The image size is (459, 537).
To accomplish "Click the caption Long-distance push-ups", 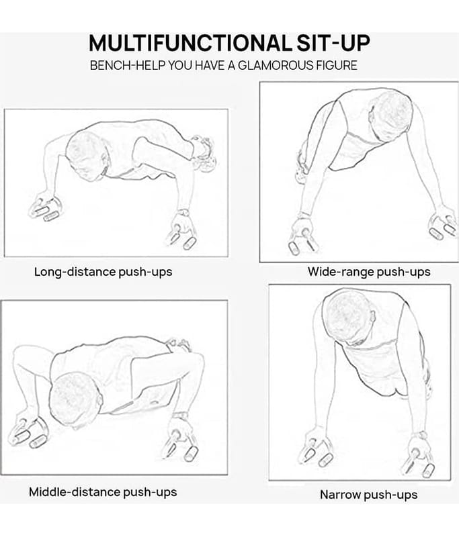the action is (103, 272).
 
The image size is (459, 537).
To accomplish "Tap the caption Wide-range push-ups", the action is (369, 272).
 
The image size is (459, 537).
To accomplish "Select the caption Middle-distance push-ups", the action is (103, 492).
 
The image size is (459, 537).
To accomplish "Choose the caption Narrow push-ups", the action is (368, 495).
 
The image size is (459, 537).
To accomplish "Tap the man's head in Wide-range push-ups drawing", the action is (390, 116).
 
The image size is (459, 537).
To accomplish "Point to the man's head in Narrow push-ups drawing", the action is (348, 317).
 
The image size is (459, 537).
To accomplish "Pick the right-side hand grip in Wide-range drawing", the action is (443, 226).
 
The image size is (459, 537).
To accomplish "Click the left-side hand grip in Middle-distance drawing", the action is (28, 432).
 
